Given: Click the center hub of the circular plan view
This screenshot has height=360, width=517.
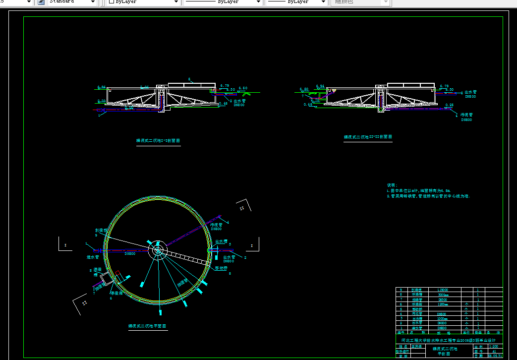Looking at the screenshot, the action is pyautogui.click(x=158, y=250).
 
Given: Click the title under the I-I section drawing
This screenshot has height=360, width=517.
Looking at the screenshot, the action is pyautogui.click(x=158, y=141).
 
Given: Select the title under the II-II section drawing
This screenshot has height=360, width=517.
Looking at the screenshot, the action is pyautogui.click(x=368, y=137).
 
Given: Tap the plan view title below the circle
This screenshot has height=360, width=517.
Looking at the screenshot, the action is pyautogui.click(x=147, y=326).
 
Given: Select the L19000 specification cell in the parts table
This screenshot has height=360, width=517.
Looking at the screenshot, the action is pyautogui.click(x=443, y=290).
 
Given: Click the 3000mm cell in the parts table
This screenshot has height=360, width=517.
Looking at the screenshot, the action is pyautogui.click(x=443, y=295).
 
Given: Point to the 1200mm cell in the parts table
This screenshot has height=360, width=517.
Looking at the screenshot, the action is pyautogui.click(x=443, y=304).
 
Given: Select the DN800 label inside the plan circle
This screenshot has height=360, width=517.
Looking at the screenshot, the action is pyautogui.click(x=130, y=254).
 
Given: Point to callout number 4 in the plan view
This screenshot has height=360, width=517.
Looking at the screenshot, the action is pyautogui.click(x=228, y=221).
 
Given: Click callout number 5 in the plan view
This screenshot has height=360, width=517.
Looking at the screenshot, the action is pyautogui.click(x=230, y=273).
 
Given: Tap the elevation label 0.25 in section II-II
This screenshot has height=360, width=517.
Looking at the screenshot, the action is pyautogui.click(x=449, y=105).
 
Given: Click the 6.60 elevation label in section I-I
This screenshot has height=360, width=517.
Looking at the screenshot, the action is pyautogui.click(x=243, y=88).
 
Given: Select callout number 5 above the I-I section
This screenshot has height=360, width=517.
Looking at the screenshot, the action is pyautogui.click(x=189, y=79).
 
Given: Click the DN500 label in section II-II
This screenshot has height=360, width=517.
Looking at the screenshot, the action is pyautogui.click(x=466, y=120).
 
